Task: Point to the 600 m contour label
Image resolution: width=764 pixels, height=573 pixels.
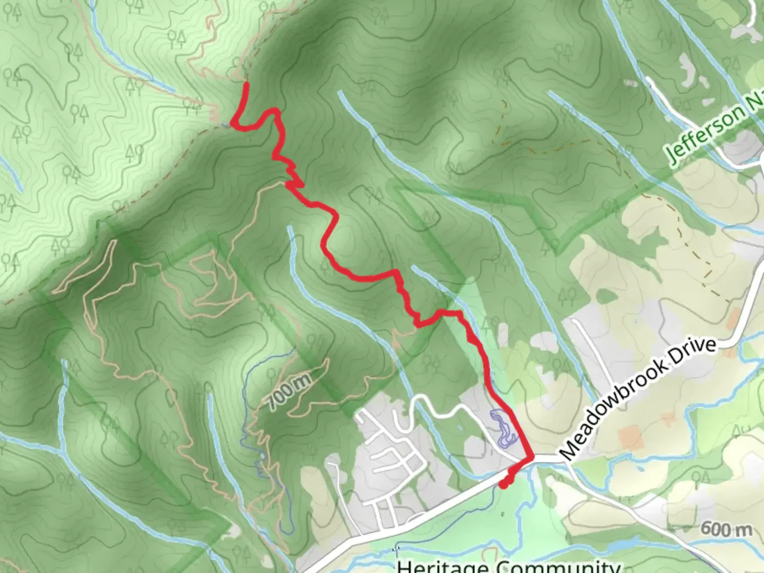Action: pyautogui.click(x=726, y=528)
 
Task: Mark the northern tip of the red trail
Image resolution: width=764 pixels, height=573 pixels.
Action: pyautogui.click(x=246, y=84)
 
